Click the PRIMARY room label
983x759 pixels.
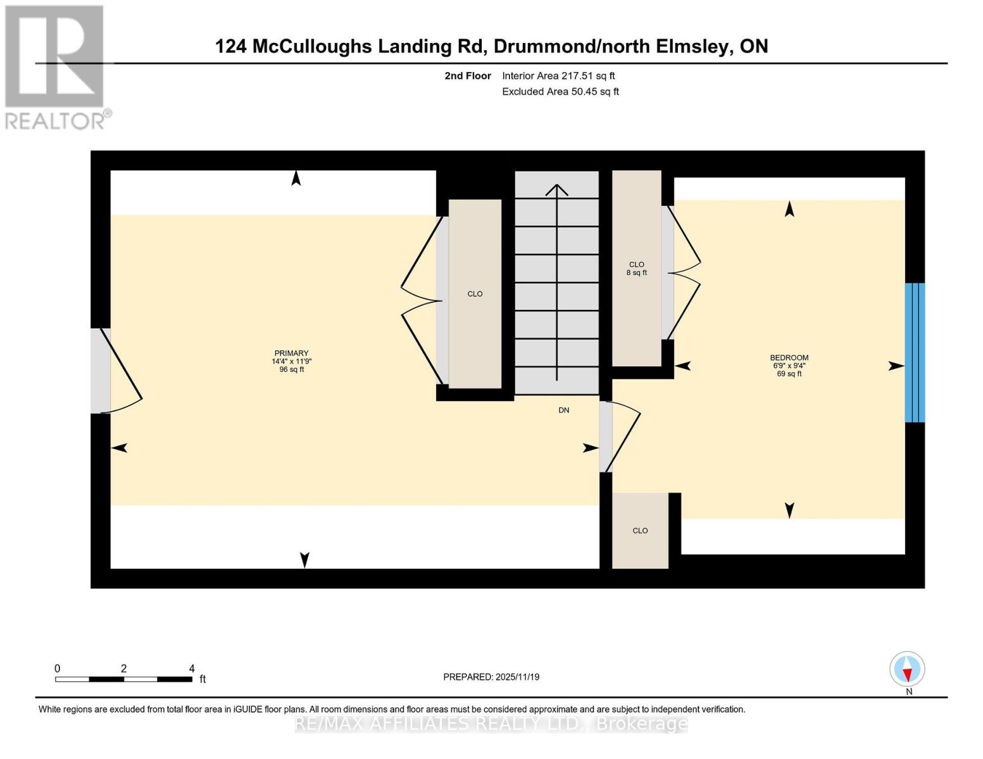291,354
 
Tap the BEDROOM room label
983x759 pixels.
789,358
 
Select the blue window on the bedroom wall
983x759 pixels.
914,352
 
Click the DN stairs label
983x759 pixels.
563,410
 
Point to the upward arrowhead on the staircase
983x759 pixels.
556,189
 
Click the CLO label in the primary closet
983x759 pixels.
475,294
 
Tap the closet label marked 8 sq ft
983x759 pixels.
636,269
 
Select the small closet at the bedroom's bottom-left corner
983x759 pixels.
640,531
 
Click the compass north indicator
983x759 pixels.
907,669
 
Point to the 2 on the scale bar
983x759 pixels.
123,669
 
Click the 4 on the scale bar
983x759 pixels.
192,669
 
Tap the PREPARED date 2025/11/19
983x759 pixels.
491,677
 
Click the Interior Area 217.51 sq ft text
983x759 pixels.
558,76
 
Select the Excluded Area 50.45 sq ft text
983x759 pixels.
560,92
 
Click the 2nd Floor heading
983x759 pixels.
468,76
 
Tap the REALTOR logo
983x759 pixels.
56,66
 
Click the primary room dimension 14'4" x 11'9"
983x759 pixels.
291,362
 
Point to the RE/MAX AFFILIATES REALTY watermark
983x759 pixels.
491,724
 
